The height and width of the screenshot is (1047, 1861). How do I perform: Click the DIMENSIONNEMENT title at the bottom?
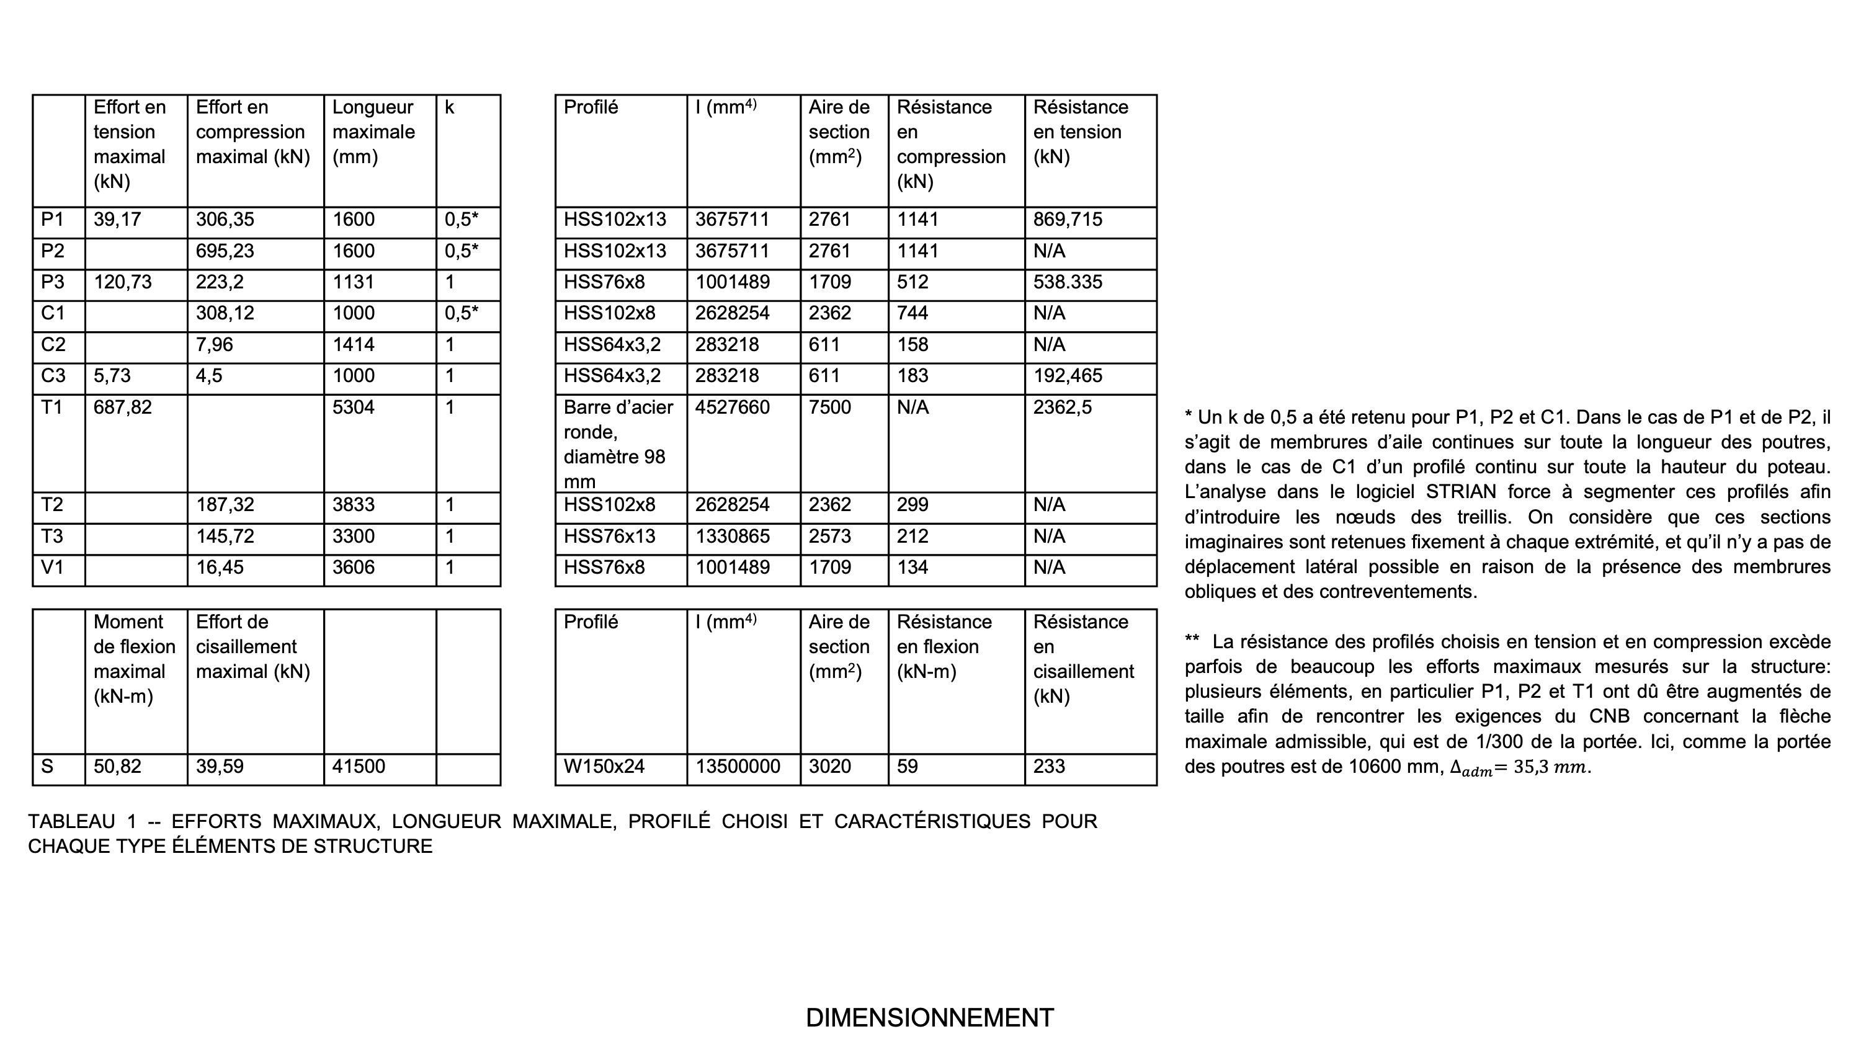point(930,1017)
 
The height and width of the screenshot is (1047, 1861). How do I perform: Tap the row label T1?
point(52,408)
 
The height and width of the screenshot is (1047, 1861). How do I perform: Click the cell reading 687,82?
point(123,408)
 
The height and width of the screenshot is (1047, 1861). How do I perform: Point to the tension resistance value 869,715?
point(1068,220)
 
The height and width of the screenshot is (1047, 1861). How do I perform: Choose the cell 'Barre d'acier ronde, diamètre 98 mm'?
point(618,443)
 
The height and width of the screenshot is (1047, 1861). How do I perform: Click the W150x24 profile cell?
point(604,766)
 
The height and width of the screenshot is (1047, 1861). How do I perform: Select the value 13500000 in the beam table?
point(738,766)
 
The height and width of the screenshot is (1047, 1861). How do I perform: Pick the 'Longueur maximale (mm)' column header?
point(373,132)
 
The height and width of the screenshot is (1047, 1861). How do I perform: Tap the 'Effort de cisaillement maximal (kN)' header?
point(253,647)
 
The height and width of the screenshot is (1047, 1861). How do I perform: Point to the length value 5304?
point(353,408)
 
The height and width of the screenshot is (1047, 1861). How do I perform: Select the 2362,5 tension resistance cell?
point(1063,408)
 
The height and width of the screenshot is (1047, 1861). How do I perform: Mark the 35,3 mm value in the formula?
point(1550,767)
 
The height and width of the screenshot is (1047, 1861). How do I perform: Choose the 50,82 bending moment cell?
point(118,766)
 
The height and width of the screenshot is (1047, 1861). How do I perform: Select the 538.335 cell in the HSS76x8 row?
point(1068,282)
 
